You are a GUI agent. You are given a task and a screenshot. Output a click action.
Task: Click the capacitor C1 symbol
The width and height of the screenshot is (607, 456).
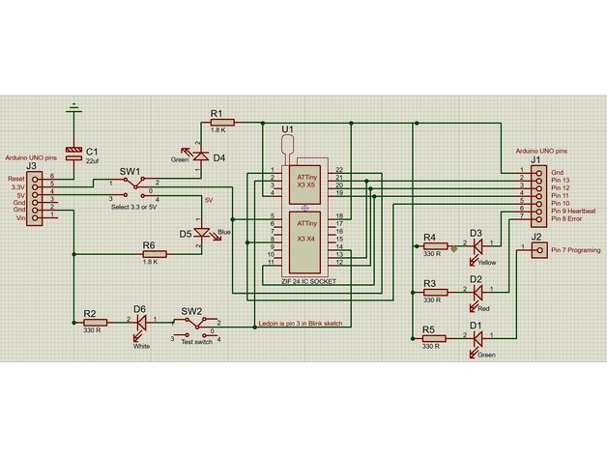pyautogui.click(x=73, y=155)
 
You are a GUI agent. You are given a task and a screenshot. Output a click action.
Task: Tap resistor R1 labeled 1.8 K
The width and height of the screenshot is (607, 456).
pyautogui.click(x=217, y=123)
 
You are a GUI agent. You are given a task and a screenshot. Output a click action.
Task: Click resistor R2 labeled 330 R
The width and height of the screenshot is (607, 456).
pyautogui.click(x=95, y=322)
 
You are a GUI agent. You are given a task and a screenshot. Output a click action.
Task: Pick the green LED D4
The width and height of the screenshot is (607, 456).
pyautogui.click(x=200, y=155)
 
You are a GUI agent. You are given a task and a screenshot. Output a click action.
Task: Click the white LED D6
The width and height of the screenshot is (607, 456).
pyautogui.click(x=140, y=322)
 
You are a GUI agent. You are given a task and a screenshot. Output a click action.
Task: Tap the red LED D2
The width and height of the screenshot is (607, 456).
pyautogui.click(x=477, y=291)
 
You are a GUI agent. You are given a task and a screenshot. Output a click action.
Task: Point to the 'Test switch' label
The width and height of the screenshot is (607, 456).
pyautogui.click(x=196, y=341)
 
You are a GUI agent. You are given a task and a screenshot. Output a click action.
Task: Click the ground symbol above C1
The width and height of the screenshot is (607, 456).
pyautogui.click(x=73, y=107)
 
